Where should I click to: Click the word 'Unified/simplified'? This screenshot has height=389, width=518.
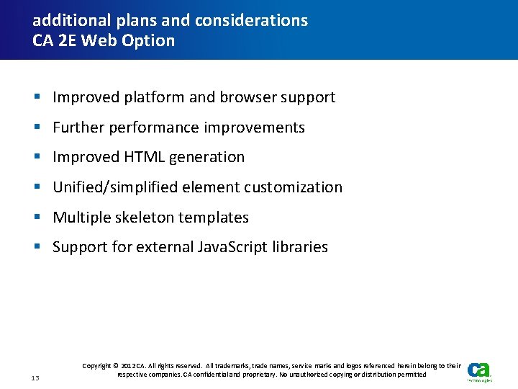pos(115,187)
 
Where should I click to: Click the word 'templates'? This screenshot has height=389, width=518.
pos(214,218)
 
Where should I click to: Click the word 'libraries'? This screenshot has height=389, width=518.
pos(301,247)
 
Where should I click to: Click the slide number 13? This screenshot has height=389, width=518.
pos(36,377)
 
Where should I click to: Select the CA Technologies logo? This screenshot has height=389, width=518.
pos(479,370)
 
